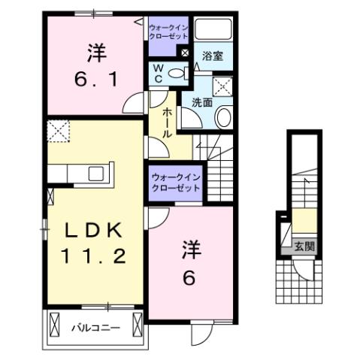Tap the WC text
pos(159,74)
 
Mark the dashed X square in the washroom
pos(223,85)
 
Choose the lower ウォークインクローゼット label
pos(175,183)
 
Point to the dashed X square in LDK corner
pos(56,131)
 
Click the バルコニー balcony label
pos(95,328)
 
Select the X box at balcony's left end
pos(55,325)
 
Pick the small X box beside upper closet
pos(185,52)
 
